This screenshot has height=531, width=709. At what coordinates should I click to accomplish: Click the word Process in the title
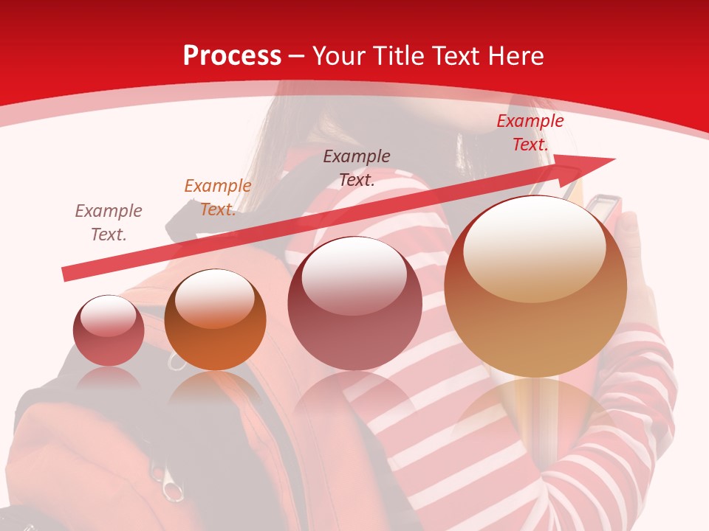[x=232, y=56]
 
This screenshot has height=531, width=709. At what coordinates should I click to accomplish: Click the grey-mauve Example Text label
[x=108, y=223]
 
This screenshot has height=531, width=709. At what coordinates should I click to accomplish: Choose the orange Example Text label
[x=217, y=198]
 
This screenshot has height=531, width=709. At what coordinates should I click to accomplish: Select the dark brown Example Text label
[x=356, y=167]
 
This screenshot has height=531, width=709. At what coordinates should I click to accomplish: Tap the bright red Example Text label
[x=530, y=133]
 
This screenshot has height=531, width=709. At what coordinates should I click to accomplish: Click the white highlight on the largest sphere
[x=535, y=247]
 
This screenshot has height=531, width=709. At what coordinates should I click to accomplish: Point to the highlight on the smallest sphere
[x=108, y=315]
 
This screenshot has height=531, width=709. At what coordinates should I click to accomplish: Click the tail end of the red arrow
[x=66, y=274]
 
